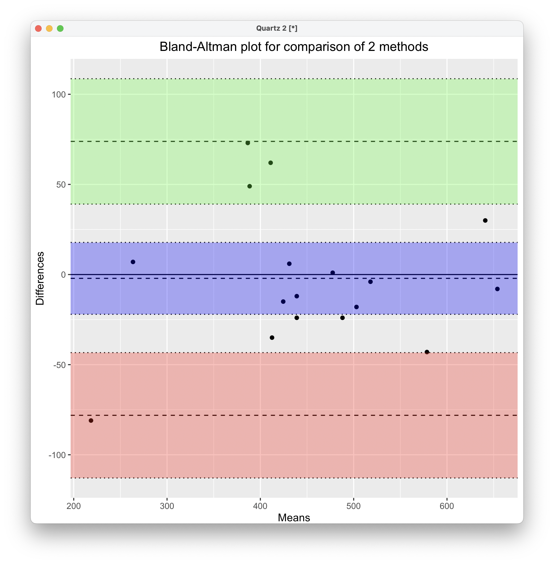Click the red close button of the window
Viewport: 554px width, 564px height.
tap(38, 28)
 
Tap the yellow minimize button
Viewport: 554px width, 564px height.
tap(49, 28)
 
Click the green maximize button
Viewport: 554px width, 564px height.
tap(60, 28)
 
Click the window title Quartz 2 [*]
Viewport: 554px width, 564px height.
tap(277, 28)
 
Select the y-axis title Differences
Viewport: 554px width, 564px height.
tap(40, 278)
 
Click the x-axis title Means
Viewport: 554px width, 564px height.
tap(294, 518)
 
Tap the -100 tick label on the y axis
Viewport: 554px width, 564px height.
tap(57, 455)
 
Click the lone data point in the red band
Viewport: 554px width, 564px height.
tap(91, 421)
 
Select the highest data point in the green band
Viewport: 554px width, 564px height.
tap(248, 143)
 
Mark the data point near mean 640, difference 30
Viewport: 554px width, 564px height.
tap(485, 221)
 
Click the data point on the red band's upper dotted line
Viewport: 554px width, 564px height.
tap(427, 352)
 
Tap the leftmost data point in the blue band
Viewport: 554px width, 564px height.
tap(133, 262)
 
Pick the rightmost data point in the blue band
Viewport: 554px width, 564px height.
tap(497, 289)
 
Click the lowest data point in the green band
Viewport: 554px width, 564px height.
tap(250, 186)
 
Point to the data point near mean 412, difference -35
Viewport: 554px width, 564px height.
tap(272, 338)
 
